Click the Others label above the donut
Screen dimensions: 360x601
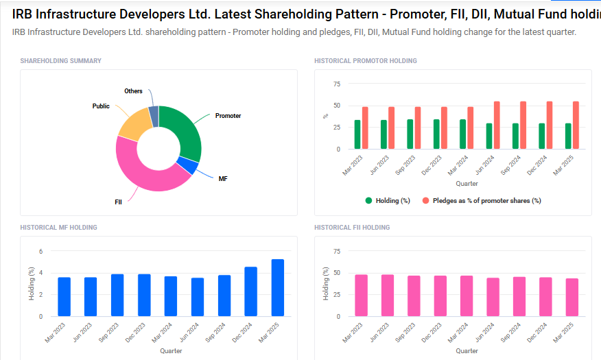click(x=133, y=91)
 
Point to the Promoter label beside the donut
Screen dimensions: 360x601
click(x=228, y=116)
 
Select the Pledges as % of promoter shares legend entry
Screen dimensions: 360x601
click(x=482, y=201)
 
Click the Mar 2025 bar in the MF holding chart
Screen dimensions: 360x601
click(x=277, y=287)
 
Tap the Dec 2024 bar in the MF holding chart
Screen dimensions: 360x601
click(x=251, y=291)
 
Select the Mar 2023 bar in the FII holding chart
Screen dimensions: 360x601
click(x=361, y=295)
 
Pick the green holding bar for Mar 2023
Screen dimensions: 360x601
click(x=357, y=134)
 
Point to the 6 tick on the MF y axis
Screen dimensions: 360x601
click(x=40, y=252)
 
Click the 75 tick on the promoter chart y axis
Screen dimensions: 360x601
click(x=336, y=84)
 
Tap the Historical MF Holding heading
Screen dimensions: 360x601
click(x=58, y=228)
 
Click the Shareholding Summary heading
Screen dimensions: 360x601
click(x=60, y=61)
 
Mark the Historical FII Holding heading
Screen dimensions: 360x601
click(x=352, y=228)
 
